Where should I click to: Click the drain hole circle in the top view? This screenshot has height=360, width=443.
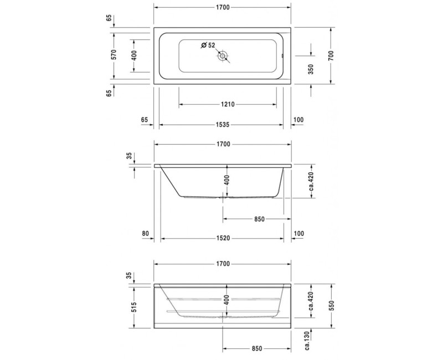coord(223,56)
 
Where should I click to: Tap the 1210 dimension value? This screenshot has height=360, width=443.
coord(228,104)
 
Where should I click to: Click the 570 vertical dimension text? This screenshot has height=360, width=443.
coord(114,55)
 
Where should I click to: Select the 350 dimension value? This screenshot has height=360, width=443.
coord(311,69)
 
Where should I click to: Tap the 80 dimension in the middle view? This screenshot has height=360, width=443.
coord(145,234)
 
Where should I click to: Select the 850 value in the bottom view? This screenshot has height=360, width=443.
coord(256,348)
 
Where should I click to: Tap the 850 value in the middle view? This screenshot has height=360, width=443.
coord(260,219)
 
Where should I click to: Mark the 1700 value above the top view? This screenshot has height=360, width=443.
coord(223,7)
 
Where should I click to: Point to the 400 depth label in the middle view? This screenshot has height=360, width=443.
coord(226,180)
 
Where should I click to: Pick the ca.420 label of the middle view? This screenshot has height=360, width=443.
coord(312,181)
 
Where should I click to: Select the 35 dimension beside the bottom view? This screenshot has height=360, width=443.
coord(129,275)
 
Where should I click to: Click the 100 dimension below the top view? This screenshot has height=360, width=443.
coord(300,120)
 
